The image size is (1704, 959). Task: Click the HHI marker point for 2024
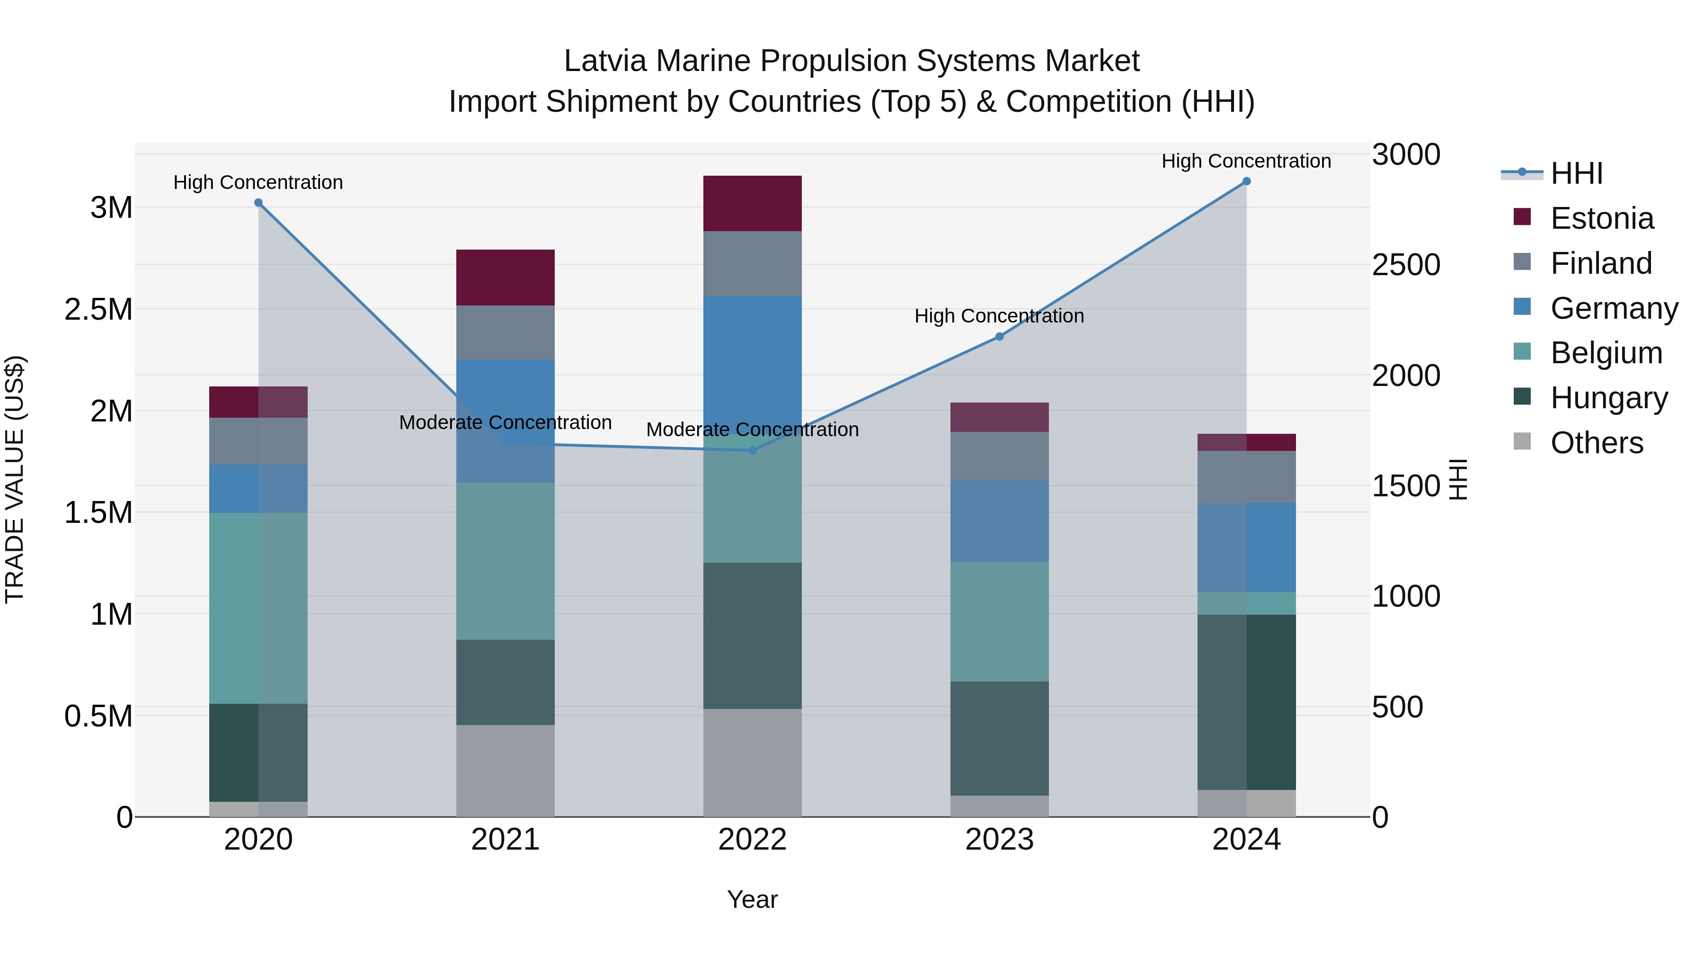1246,181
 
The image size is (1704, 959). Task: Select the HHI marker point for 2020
258,203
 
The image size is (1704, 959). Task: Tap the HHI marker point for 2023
1000,337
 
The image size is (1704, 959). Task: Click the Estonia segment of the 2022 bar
752,203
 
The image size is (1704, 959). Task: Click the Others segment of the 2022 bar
752,762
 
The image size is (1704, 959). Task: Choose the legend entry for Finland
1601,263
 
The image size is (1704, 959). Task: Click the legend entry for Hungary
1609,398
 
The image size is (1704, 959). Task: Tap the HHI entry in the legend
1576,173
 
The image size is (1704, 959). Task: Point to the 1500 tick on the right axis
1406,486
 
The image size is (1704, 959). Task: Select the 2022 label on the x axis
752,840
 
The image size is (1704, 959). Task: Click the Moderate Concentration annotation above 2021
506,422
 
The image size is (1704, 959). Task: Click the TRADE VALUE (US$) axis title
15,479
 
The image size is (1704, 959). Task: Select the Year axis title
752,899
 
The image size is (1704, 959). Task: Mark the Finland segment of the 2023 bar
1000,456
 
